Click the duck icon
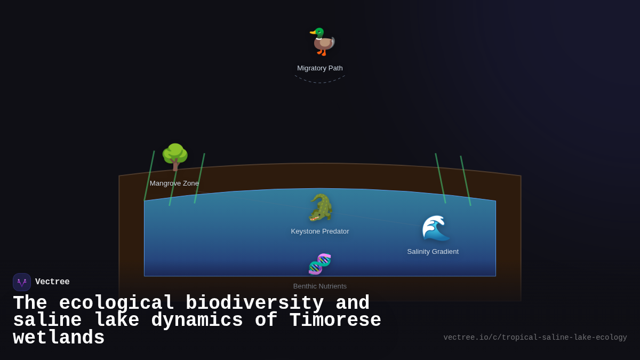[x=322, y=42]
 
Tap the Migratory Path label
[x=320, y=68]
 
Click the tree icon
[x=175, y=157]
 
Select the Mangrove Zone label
[x=174, y=183]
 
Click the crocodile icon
[x=320, y=207]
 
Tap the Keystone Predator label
[x=320, y=231]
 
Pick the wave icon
[x=435, y=228]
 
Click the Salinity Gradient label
[x=433, y=252]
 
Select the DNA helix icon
[x=320, y=264]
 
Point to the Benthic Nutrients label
[x=320, y=286]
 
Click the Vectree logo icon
[x=22, y=282]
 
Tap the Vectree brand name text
[x=52, y=282]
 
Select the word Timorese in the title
[x=335, y=321]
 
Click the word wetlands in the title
[x=59, y=338]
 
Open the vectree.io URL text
[x=535, y=338]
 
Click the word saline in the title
[x=47, y=321]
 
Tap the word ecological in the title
[x=116, y=303]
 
